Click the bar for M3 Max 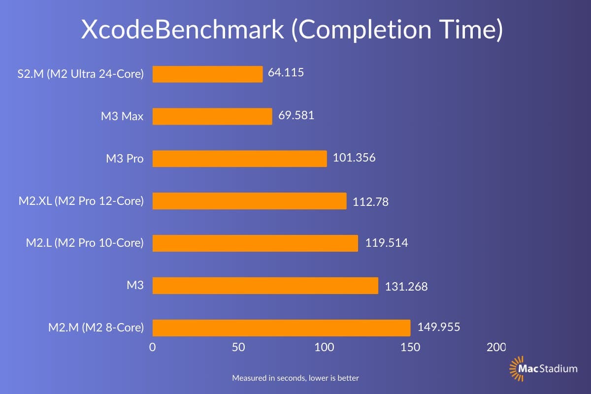212,117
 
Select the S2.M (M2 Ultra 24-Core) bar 207,74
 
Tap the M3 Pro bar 239,159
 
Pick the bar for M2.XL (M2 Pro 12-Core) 249,201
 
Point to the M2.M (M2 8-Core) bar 281,328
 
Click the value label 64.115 286,73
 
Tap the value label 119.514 386,243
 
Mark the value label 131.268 406,286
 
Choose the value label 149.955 439,327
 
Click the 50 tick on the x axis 238,347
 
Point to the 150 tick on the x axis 410,347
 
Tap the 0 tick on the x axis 153,347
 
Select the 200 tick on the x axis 496,347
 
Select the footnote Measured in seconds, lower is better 295,378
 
